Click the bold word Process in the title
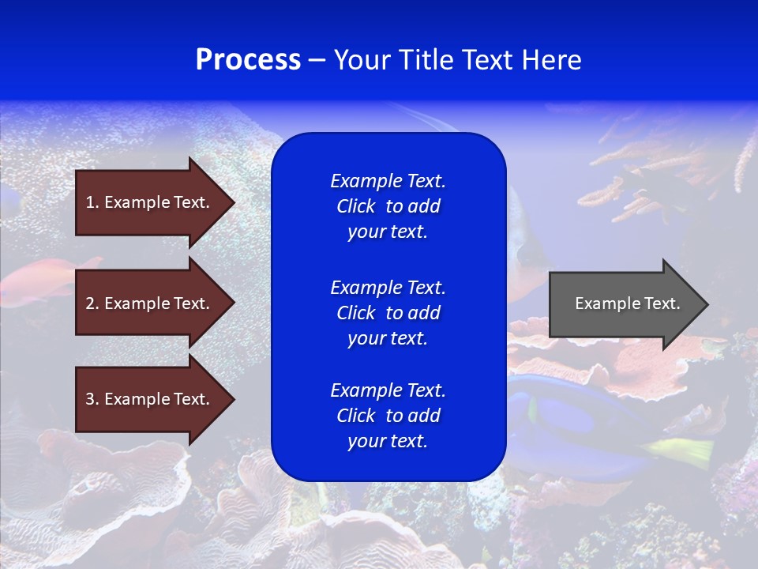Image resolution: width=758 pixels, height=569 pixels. tap(248, 60)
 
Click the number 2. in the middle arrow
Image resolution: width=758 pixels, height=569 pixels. tap(92, 303)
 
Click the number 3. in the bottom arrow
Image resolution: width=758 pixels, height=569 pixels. tap(92, 399)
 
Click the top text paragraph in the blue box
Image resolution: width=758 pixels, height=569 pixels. tap(388, 206)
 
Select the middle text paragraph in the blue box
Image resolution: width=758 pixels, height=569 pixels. tap(388, 313)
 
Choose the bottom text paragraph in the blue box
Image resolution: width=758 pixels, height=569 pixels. tap(388, 416)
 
